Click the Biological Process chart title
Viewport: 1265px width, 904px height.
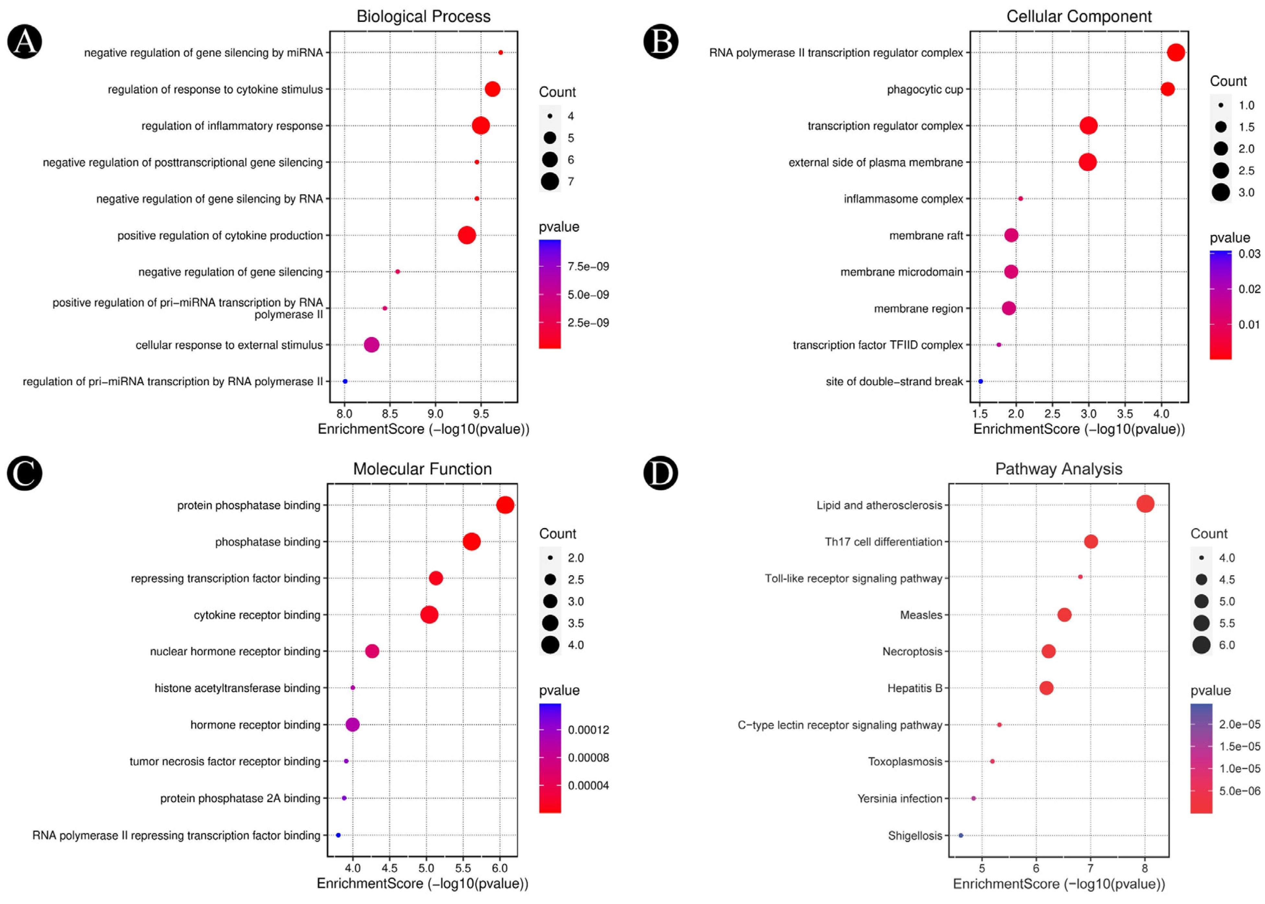[x=423, y=17]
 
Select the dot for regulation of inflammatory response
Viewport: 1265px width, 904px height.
[x=481, y=126]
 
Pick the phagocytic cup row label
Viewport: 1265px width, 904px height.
[x=924, y=90]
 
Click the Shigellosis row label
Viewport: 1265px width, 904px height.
[x=915, y=836]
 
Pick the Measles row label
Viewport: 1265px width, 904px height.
[x=921, y=615]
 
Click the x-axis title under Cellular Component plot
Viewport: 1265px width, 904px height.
[x=1079, y=429]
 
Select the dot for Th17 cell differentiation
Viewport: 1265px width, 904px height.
[x=1091, y=542]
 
